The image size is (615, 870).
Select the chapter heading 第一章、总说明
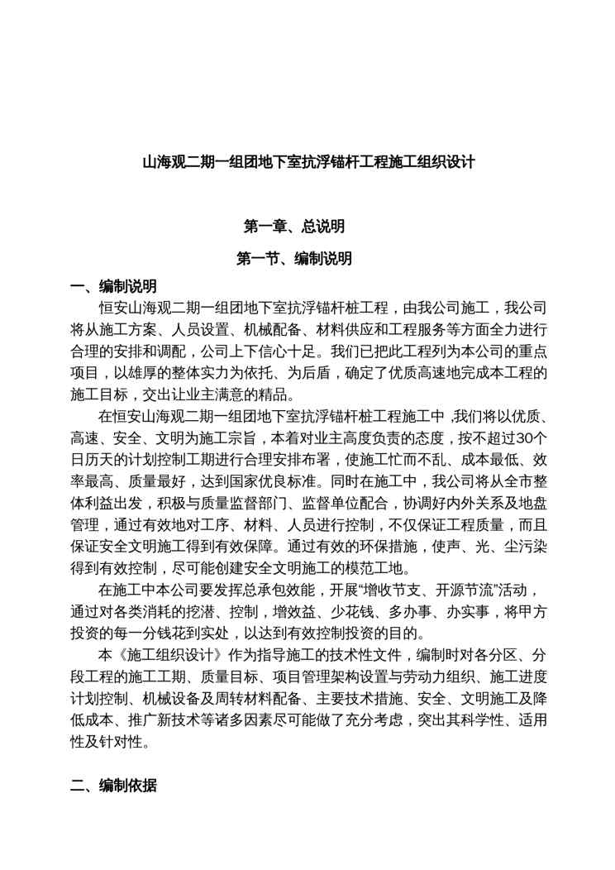[293, 226]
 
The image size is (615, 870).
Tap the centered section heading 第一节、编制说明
[293, 259]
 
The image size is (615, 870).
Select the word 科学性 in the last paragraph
[486, 722]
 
